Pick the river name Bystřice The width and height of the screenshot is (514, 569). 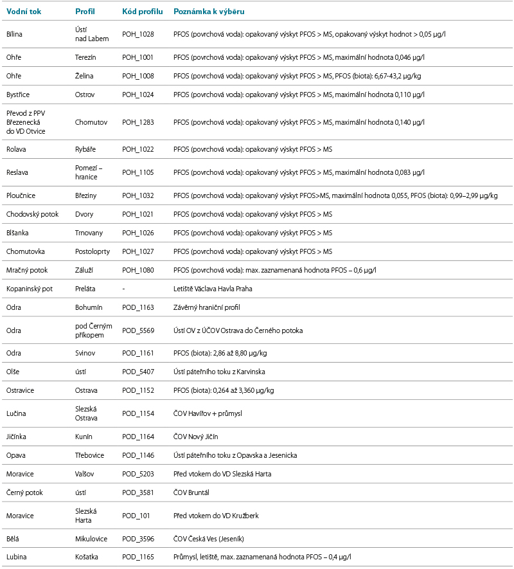(19, 95)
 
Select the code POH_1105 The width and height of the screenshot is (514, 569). (137, 172)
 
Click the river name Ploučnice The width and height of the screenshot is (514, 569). (21, 195)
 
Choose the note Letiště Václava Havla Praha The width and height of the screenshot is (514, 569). (213, 289)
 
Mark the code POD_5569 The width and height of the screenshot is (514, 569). (138, 330)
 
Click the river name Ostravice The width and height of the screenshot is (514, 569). (21, 390)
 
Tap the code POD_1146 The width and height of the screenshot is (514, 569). (138, 455)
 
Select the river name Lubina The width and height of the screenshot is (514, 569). (17, 557)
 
